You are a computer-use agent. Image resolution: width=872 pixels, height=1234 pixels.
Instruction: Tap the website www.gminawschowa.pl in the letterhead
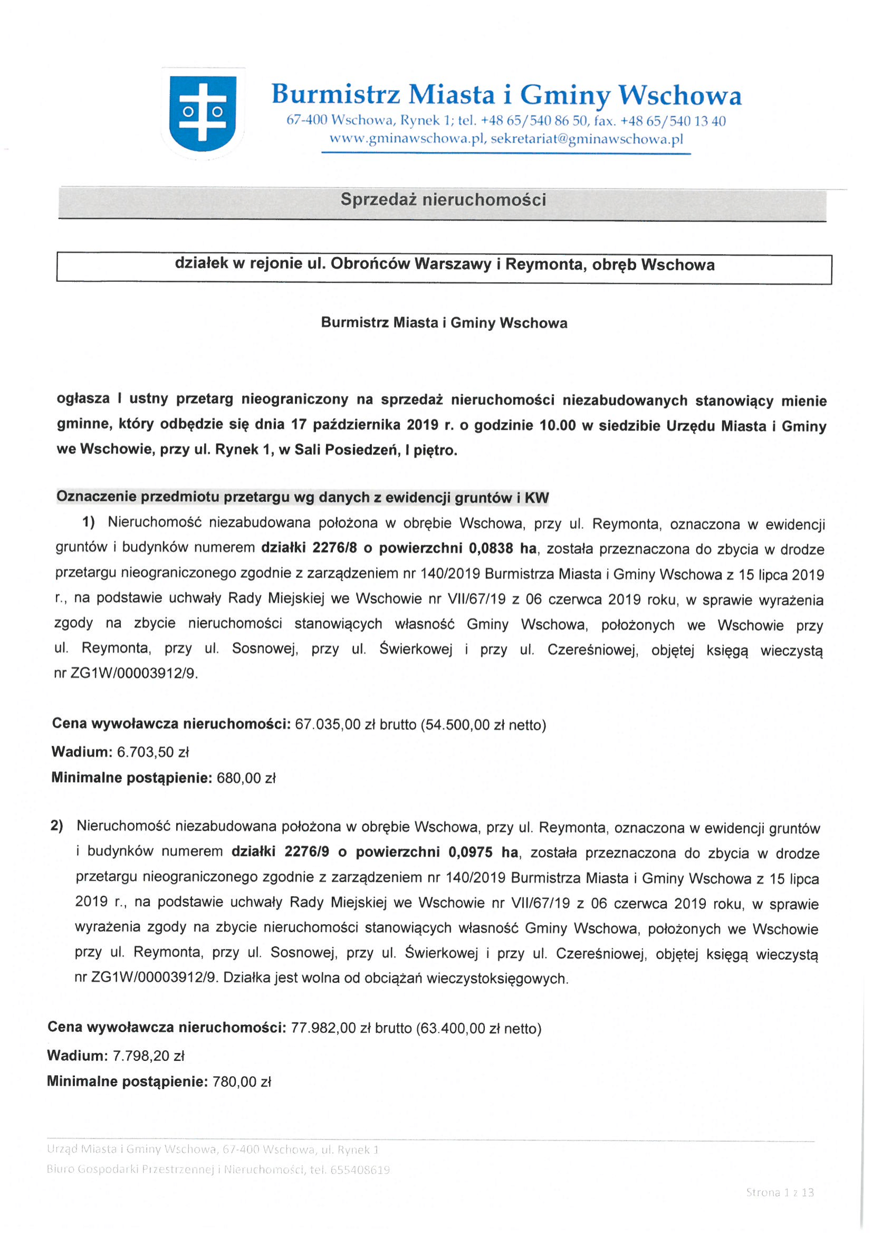pos(407,139)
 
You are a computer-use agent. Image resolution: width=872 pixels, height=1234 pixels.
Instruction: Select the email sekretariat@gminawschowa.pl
pos(587,139)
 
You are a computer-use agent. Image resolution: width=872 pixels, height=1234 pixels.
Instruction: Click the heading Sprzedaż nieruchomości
pos(443,200)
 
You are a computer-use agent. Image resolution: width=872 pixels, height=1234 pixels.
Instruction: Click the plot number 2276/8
pos(335,548)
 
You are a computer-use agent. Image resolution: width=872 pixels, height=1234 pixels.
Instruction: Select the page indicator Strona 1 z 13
pos(780,1192)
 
